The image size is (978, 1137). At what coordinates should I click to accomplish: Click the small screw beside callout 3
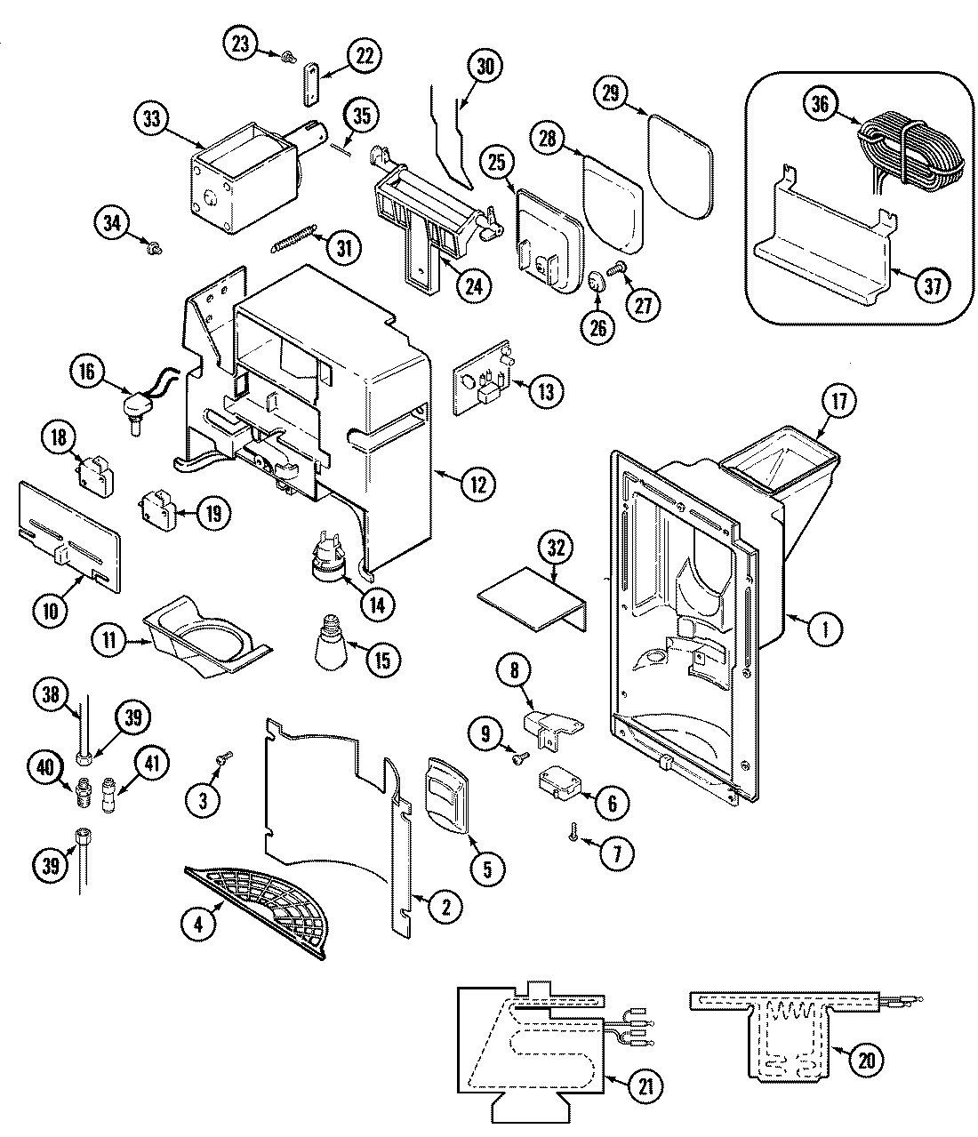coord(224,757)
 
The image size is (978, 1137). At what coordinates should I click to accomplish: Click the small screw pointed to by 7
coord(575,834)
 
